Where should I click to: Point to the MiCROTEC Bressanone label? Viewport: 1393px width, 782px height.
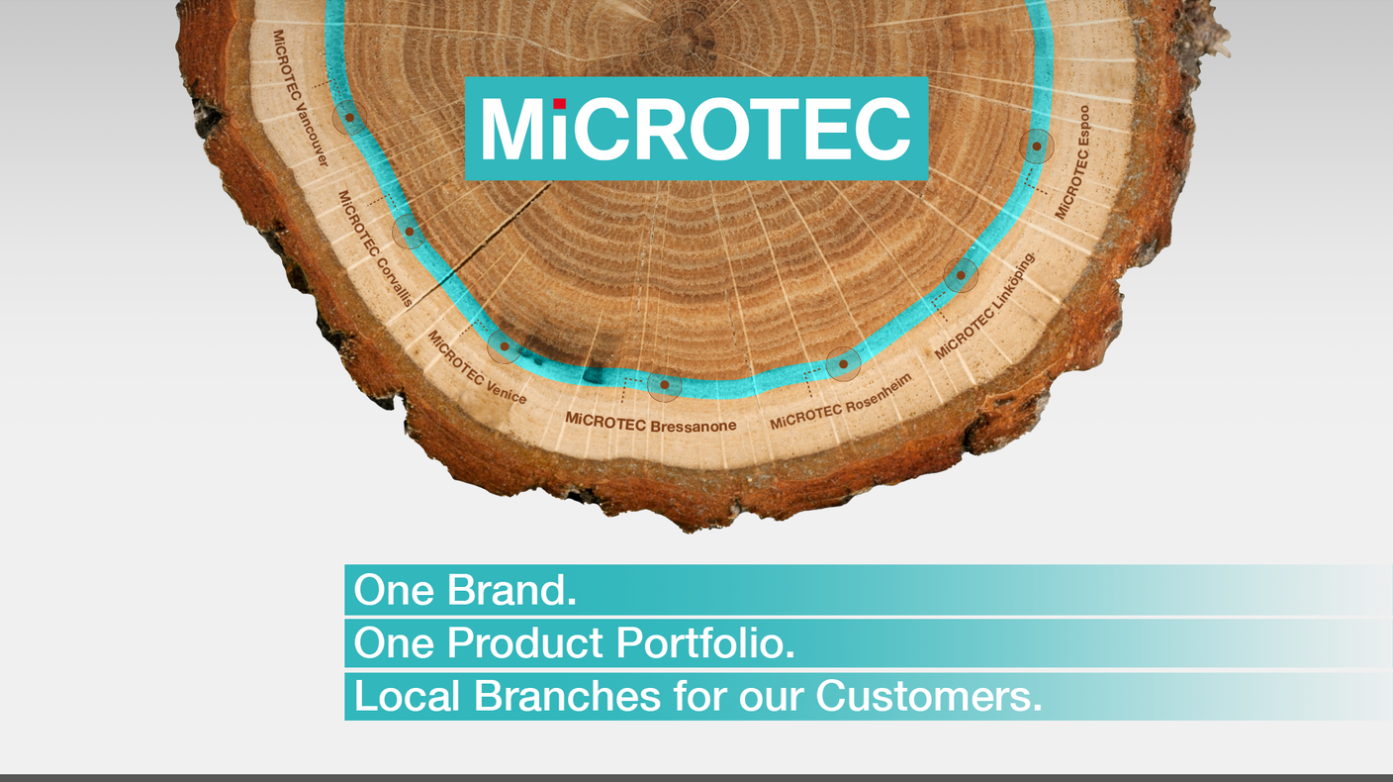(651, 423)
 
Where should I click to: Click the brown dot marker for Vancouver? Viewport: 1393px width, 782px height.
(349, 118)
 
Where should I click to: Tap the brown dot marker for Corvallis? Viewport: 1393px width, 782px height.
(409, 233)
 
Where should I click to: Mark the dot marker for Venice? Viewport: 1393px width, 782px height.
(504, 346)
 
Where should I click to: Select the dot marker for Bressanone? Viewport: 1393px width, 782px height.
(665, 384)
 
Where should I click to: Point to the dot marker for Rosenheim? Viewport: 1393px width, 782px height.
(843, 364)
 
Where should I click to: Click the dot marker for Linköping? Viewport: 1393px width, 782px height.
(960, 275)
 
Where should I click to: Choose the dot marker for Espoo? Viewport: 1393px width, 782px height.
(1036, 147)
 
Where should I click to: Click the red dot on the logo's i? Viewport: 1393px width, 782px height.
(560, 103)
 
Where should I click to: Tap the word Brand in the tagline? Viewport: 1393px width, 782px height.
(511, 591)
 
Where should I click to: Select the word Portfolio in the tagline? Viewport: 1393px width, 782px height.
(706, 644)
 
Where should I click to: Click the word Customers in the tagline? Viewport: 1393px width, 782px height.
(929, 696)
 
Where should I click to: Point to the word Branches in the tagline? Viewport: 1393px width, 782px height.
(567, 696)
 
